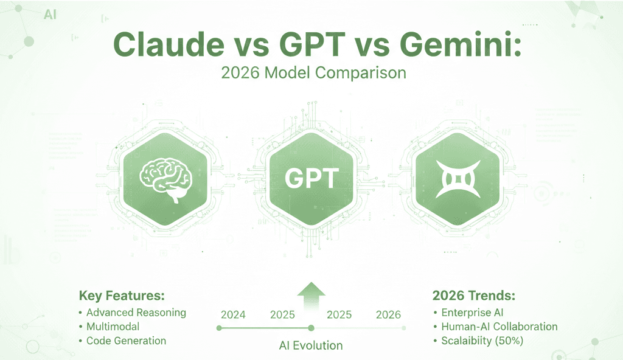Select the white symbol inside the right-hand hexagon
(x=459, y=178)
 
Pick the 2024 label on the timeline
(x=233, y=314)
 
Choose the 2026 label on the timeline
(x=388, y=314)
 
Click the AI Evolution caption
(x=311, y=345)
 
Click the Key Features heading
(x=122, y=296)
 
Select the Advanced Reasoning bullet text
(x=136, y=313)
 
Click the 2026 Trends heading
(x=474, y=296)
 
